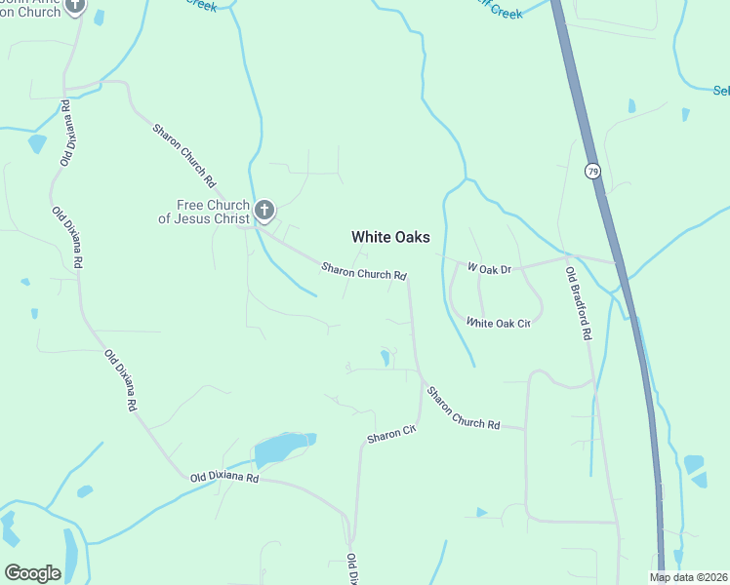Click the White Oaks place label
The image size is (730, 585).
[390, 237]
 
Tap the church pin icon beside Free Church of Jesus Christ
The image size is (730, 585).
[264, 210]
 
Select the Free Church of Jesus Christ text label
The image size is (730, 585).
[213, 212]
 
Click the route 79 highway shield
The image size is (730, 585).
[592, 172]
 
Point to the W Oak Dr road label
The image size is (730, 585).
[489, 266]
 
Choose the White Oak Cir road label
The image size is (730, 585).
[498, 323]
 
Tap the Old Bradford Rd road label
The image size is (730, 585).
[580, 304]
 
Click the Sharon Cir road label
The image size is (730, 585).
[391, 434]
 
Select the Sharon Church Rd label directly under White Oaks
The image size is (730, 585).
[364, 272]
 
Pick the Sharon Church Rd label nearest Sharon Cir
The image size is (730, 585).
[463, 409]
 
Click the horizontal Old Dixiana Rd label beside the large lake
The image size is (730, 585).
[224, 478]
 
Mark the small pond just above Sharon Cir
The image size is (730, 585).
[385, 357]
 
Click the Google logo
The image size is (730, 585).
[32, 573]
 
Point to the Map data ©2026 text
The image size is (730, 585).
[688, 577]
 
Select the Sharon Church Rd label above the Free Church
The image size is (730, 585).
[183, 155]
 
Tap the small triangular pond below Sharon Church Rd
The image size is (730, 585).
[481, 512]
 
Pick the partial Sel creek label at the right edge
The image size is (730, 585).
[721, 91]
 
